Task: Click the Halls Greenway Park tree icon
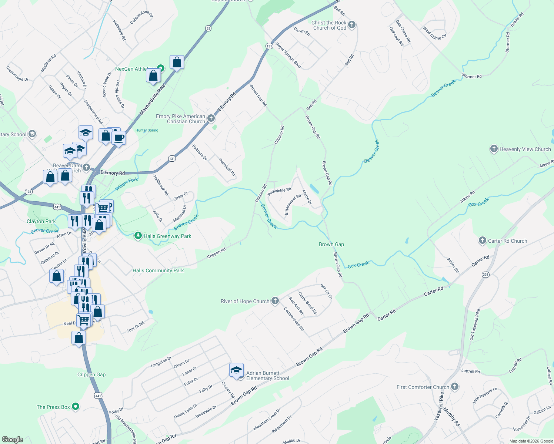138,236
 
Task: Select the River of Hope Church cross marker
275,301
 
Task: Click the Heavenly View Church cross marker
494,149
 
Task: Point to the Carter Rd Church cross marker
482,241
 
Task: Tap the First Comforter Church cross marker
455,387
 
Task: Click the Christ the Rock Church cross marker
352,25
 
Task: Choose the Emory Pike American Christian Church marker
211,118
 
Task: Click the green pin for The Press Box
76,407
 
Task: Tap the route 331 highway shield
485,275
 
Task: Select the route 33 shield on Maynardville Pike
208,28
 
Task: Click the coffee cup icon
119,138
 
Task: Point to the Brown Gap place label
331,244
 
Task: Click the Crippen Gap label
91,374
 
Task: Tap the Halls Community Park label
158,270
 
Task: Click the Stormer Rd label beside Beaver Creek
471,76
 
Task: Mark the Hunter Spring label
147,130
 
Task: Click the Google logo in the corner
12,440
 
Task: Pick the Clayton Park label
41,221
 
